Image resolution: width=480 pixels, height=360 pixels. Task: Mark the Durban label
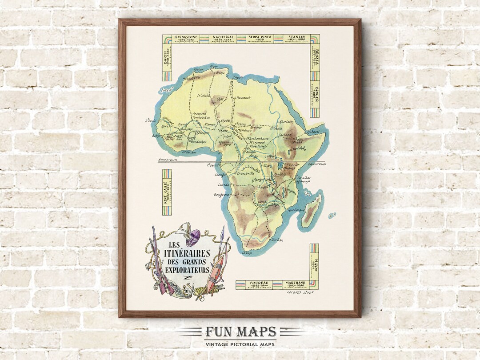pyautogui.click(x=277, y=240)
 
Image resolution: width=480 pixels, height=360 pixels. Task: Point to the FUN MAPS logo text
pyautogui.click(x=240, y=332)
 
